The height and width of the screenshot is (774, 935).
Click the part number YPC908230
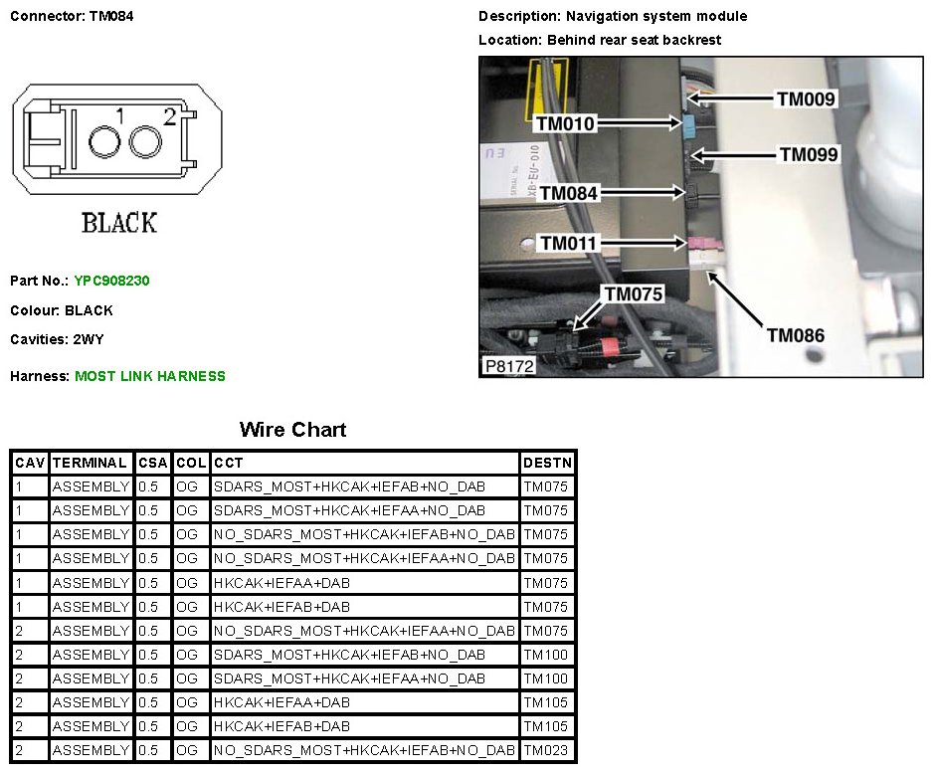point(111,282)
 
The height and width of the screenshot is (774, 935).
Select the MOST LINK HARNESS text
point(150,376)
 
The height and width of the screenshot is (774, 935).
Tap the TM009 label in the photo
point(806,98)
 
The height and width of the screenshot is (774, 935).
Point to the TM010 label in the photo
point(564,123)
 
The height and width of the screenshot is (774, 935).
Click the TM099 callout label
point(809,154)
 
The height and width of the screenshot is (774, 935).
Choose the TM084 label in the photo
point(568,193)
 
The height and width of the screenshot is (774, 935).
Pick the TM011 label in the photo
point(568,243)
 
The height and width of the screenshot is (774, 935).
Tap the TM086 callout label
point(795,335)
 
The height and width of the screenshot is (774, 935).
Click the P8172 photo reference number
point(509,366)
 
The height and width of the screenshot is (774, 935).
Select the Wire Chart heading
point(292,430)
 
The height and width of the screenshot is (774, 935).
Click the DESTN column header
point(546,463)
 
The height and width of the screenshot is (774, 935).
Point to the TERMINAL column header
point(91,463)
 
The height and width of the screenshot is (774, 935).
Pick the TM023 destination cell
point(546,750)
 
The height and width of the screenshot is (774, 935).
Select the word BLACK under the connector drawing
point(118,223)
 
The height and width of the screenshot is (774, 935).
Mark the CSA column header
point(154,463)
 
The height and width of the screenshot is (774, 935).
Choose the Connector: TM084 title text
point(72,17)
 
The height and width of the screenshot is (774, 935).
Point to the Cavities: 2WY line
point(57,339)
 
